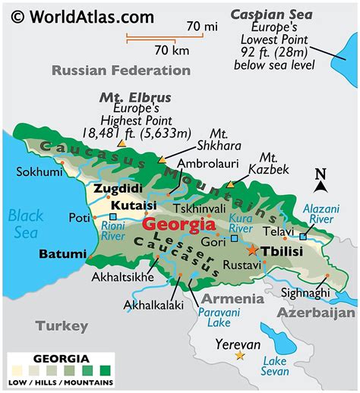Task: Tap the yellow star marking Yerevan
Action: [x=240, y=354]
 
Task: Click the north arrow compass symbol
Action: [x=321, y=181]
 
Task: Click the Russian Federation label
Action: [x=121, y=70]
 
